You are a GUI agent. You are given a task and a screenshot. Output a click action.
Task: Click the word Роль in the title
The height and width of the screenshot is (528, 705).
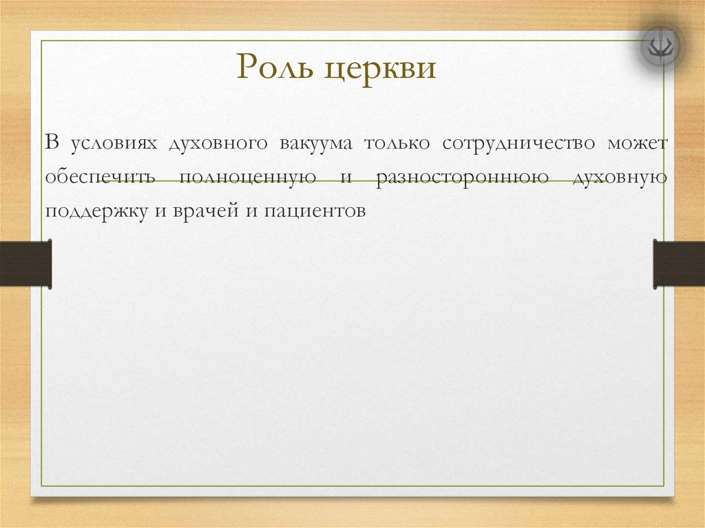click(274, 67)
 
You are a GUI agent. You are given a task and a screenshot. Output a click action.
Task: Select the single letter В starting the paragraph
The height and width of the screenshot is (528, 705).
click(52, 142)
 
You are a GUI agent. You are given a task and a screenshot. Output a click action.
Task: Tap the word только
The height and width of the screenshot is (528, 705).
click(397, 143)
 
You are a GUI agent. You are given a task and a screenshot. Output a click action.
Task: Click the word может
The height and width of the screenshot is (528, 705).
click(638, 144)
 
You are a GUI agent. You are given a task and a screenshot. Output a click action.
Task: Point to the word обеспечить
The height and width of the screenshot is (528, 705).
click(100, 177)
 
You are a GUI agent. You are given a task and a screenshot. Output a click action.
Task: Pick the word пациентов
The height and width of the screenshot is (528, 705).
click(315, 211)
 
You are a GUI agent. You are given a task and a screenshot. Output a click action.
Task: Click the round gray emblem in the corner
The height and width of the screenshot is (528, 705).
click(660, 45)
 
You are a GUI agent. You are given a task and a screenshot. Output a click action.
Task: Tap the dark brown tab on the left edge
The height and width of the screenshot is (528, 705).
click(25, 264)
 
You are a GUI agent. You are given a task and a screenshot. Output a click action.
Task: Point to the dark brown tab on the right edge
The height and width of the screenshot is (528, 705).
click(679, 264)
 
